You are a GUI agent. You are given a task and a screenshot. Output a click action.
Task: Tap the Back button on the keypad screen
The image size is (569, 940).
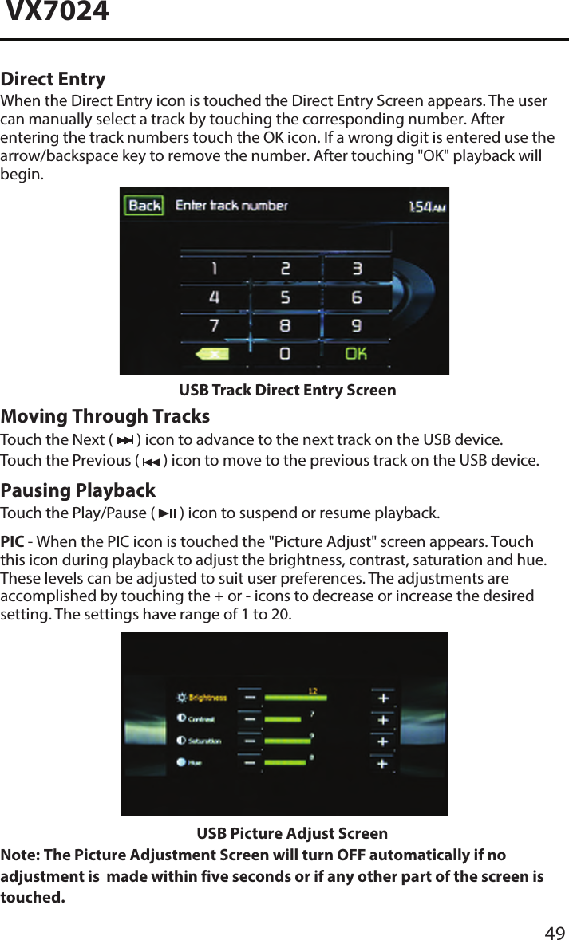[144, 206]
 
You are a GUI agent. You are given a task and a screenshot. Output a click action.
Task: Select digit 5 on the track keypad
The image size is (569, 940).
[285, 297]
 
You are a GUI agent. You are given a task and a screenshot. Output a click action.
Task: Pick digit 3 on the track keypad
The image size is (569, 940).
[357, 269]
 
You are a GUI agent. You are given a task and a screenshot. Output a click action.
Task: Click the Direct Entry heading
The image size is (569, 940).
[53, 79]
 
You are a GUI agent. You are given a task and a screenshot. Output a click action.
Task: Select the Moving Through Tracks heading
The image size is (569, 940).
[105, 416]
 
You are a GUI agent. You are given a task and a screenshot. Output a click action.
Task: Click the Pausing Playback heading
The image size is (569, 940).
[78, 490]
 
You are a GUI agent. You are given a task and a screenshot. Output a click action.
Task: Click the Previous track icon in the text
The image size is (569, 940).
[150, 462]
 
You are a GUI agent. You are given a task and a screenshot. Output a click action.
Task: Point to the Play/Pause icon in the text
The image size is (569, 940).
[168, 513]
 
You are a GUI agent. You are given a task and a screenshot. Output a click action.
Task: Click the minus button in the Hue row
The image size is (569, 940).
[251, 763]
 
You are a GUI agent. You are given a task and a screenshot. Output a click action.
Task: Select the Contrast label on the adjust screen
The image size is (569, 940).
[201, 719]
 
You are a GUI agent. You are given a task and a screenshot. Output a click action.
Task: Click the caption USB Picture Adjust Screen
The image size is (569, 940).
[292, 834]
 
